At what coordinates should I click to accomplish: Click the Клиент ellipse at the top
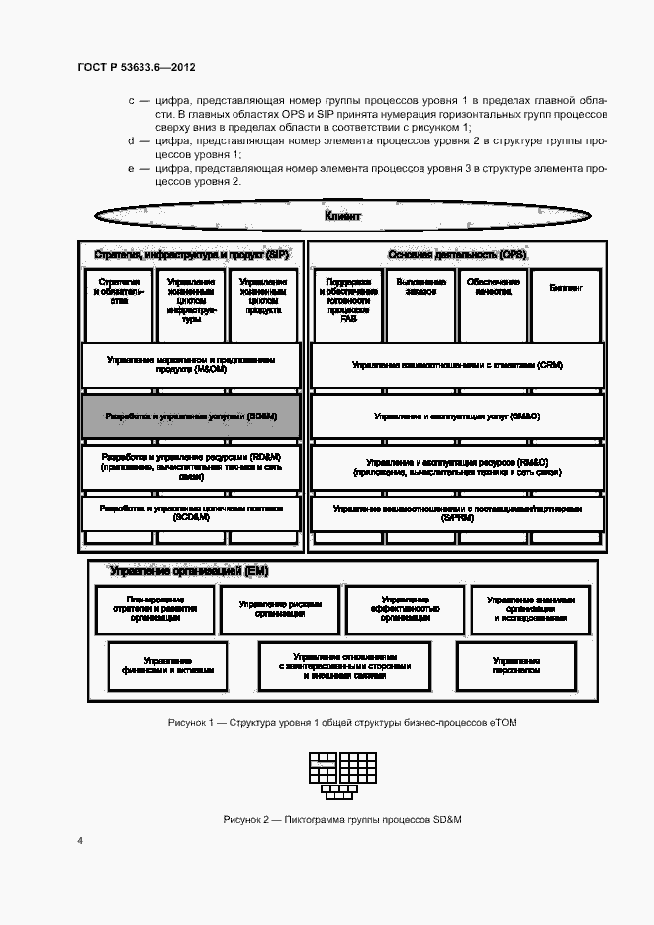(x=343, y=215)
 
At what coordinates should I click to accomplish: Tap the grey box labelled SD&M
(x=191, y=417)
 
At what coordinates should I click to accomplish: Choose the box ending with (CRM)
(x=456, y=366)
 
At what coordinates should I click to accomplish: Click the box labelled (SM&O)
(x=456, y=417)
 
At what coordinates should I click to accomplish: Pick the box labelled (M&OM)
(x=191, y=365)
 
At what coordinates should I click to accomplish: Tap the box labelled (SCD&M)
(x=191, y=512)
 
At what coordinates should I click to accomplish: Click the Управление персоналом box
(x=515, y=664)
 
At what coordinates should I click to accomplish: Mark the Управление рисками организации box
(x=281, y=608)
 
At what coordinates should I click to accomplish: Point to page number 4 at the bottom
(x=80, y=840)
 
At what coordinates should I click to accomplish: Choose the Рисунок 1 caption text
(x=342, y=723)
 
